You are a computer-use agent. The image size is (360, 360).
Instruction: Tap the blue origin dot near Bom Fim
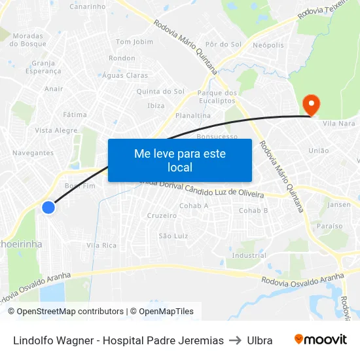48,207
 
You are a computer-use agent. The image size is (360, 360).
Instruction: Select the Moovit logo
321,340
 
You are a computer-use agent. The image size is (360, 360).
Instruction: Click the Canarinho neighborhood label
87,7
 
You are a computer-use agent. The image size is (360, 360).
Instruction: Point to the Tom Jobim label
134,42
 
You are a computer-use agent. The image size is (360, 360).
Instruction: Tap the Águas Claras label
125,75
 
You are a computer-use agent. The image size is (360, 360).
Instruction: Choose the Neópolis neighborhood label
268,45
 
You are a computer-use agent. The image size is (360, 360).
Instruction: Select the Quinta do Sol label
160,91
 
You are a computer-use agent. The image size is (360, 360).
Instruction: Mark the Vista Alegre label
56,130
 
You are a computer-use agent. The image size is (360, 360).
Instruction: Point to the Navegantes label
33,153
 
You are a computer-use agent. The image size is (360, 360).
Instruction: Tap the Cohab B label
253,210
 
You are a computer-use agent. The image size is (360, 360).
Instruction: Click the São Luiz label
173,236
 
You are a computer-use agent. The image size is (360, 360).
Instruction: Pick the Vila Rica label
101,245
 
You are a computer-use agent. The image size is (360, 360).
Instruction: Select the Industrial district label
249,255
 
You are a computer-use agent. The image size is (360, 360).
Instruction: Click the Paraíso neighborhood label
329,226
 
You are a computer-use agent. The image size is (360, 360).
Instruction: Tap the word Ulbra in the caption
260,340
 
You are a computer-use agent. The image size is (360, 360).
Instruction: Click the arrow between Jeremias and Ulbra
236,340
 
